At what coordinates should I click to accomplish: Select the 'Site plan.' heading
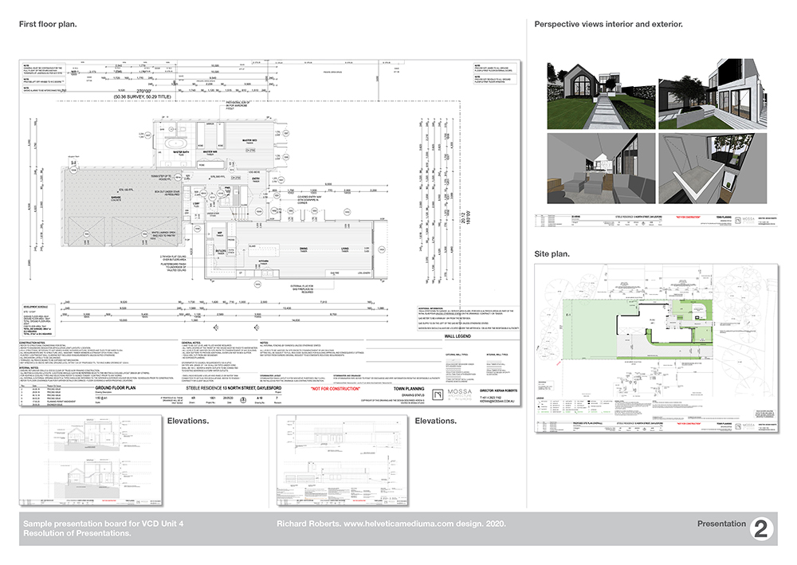[x=552, y=254]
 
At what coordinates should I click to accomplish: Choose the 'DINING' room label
[x=304, y=249]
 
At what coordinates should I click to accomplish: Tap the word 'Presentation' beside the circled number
[x=720, y=524]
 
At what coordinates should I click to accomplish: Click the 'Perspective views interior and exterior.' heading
[x=608, y=24]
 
